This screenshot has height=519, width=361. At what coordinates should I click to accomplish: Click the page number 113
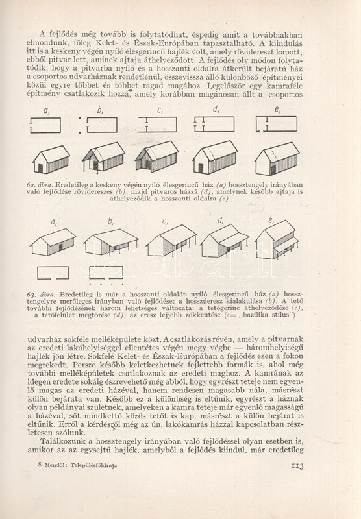297,466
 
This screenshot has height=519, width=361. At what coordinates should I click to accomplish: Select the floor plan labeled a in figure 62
45,125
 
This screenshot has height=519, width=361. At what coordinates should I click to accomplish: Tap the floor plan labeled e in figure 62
276,124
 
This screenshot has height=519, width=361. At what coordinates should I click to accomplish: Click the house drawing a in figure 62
51,160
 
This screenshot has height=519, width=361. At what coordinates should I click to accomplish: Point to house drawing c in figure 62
156,156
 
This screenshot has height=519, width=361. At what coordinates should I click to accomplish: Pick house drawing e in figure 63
277,239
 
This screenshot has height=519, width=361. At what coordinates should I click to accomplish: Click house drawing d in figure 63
225,240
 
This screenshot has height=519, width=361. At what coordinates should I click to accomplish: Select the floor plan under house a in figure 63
53,273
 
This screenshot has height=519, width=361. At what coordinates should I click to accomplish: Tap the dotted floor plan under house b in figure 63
106,275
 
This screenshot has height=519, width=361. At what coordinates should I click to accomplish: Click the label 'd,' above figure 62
216,110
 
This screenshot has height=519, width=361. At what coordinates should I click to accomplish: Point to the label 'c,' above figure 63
165,221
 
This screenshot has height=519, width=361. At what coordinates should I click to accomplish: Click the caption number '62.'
31,185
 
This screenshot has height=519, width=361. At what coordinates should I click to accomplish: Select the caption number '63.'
31,295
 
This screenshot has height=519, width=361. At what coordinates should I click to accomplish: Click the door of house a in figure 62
40,169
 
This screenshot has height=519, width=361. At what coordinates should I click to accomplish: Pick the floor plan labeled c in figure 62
158,125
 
